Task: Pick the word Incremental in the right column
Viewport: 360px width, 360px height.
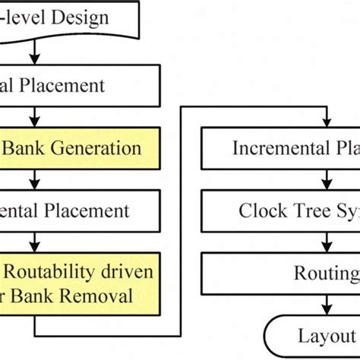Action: coord(276,147)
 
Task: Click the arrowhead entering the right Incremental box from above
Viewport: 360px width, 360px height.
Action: coord(327,121)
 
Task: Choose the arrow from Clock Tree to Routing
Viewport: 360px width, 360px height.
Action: coord(327,242)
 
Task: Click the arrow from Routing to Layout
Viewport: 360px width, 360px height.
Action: coord(327,304)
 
